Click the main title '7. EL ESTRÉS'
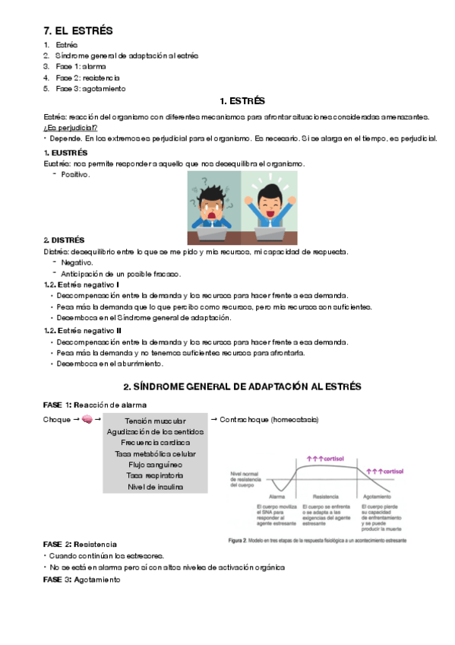78,31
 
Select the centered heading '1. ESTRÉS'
242,100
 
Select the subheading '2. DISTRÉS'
64,240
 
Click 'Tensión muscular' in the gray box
155,421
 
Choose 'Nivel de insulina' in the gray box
155,487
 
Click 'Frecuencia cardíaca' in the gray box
155,443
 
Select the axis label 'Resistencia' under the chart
323,497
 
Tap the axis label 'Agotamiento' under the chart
377,497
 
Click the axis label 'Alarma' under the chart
277,497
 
